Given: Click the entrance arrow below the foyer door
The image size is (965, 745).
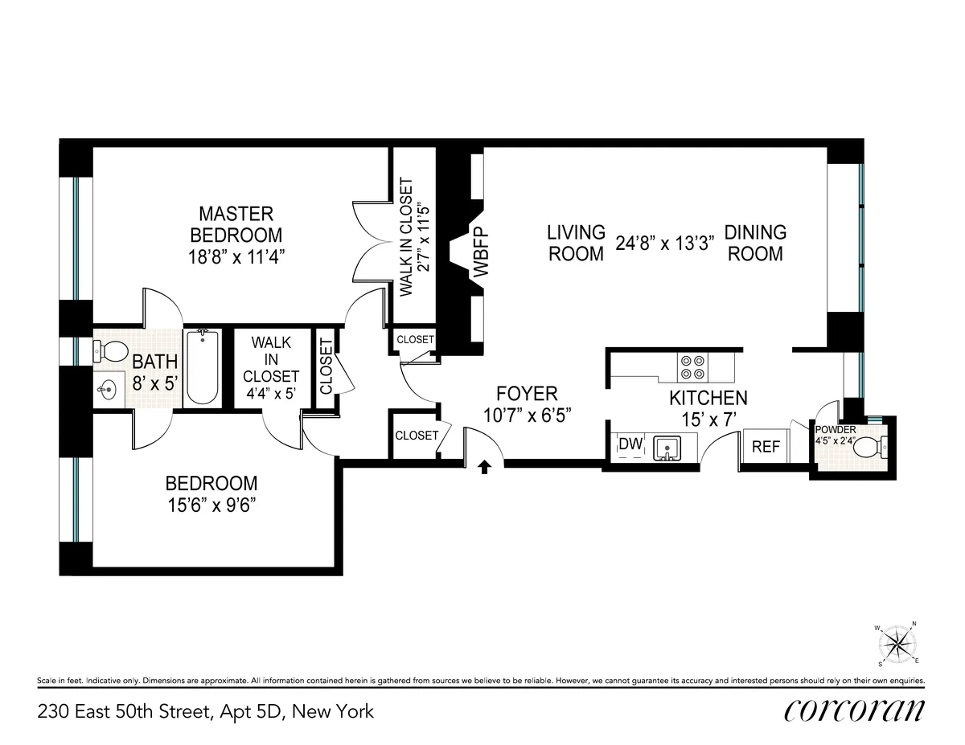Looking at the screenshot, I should click(484, 466).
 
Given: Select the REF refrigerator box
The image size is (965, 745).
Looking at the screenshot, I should click(765, 447).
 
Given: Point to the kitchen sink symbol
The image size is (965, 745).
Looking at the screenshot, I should click(667, 447).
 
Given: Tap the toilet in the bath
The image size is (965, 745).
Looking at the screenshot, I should click(110, 350).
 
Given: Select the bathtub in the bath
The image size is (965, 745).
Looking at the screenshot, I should click(202, 368).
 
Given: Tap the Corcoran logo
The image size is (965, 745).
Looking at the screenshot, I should click(853, 710).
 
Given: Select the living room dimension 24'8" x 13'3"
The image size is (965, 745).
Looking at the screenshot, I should click(665, 244).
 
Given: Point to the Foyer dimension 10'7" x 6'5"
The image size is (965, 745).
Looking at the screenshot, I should click(527, 415).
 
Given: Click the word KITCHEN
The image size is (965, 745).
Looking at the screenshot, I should click(708, 397).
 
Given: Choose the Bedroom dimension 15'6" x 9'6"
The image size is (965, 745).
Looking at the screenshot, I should click(211, 505).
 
